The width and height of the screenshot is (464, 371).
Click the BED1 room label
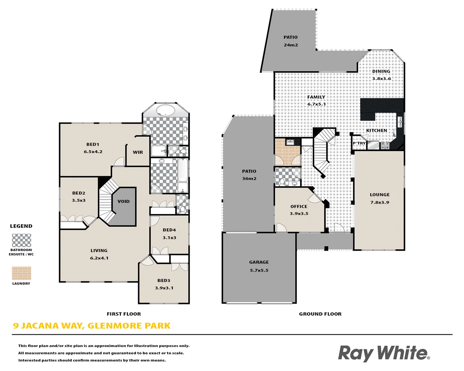pyautogui.click(x=93, y=145)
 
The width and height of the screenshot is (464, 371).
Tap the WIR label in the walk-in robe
pyautogui.click(x=138, y=152)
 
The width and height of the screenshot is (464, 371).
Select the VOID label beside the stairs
pyautogui.click(x=124, y=201)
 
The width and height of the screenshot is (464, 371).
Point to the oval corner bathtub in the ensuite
pyautogui.click(x=166, y=110)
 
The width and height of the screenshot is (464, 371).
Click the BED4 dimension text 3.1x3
pyautogui.click(x=169, y=238)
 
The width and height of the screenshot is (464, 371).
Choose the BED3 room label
pyautogui.click(x=164, y=281)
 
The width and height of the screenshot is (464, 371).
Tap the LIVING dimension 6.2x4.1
pyautogui.click(x=99, y=258)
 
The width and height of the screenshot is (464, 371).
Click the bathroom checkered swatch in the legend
pyautogui.click(x=21, y=240)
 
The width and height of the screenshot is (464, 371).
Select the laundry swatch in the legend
pyautogui.click(x=21, y=273)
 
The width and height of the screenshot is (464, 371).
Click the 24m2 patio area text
pyautogui.click(x=291, y=45)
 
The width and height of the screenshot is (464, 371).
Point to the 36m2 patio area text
pyautogui.click(x=249, y=179)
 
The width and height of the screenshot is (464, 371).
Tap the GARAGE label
pyautogui.click(x=259, y=262)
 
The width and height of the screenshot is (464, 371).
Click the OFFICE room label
pyautogui.click(x=299, y=206)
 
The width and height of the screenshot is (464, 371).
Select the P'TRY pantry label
pyautogui.click(x=359, y=143)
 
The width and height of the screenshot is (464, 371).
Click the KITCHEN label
pyautogui.click(x=376, y=131)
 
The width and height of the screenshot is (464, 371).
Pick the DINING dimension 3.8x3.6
pyautogui.click(x=382, y=79)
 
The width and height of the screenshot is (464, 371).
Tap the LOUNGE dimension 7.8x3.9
pyautogui.click(x=380, y=203)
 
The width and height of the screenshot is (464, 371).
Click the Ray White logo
pyautogui.click(x=384, y=353)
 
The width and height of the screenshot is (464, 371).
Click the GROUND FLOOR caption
pyautogui.click(x=320, y=314)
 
